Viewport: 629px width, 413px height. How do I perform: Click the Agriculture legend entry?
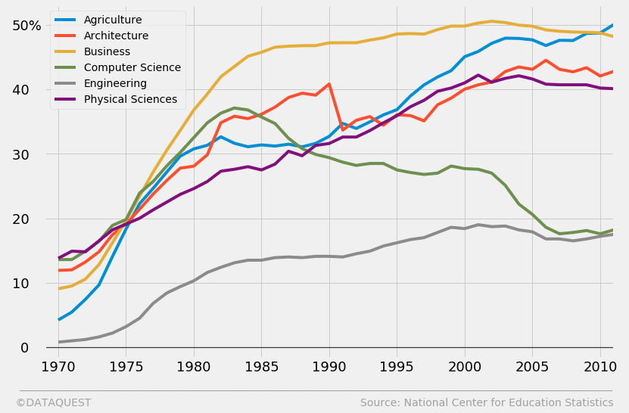[113, 20]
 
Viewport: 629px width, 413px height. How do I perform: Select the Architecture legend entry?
[116, 36]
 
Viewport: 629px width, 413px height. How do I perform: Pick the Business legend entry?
[107, 51]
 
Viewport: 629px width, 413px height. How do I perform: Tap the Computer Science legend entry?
[132, 67]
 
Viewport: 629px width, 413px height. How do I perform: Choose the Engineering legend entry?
[115, 83]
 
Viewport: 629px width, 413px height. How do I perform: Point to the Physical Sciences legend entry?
[130, 99]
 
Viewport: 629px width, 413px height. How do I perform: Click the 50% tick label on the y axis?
[26, 25]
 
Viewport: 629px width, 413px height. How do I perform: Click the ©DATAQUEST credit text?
[53, 403]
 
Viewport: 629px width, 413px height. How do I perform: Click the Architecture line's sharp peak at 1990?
[329, 84]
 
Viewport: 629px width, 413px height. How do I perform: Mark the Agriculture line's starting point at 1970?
[59, 320]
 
